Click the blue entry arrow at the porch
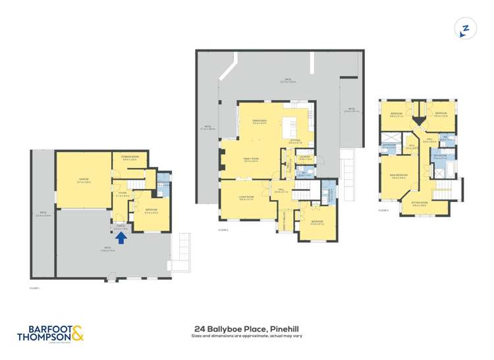(x=121, y=238)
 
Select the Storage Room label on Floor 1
(x=130, y=157)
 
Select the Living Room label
(x=246, y=199)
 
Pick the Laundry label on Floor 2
(x=304, y=157)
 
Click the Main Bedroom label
(x=397, y=176)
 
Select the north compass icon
(x=466, y=29)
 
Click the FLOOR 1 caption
(x=35, y=288)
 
